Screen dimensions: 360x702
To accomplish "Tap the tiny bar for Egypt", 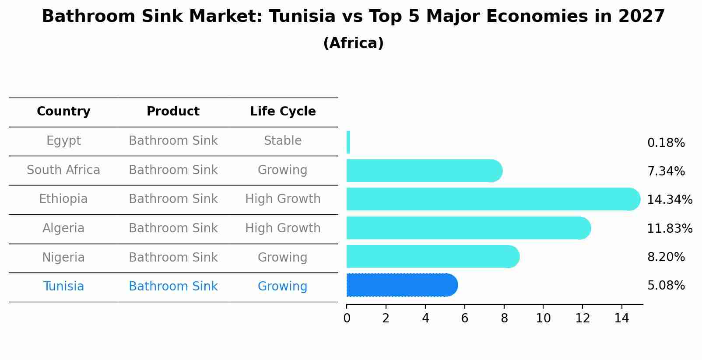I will pos(348,142).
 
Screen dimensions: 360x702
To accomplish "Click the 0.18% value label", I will pos(666,143).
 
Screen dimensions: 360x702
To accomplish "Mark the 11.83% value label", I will pos(670,228).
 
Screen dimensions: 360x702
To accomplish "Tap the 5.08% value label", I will pos(666,286).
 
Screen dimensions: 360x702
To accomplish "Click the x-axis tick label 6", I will pos(465,318).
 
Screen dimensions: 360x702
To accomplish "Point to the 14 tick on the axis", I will pos(621,318).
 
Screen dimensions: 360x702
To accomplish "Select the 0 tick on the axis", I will pos(347,318).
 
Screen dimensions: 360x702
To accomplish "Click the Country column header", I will pos(63,112).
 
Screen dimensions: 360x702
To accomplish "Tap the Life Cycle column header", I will pos(283,112).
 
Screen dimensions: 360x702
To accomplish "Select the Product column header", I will pos(173,112).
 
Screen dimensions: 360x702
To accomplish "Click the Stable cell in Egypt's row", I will pos(283,141).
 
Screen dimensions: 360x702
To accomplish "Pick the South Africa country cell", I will pos(63,170).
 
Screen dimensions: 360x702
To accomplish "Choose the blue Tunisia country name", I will pos(63,287).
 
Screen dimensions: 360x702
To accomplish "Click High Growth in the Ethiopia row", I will pos(283,199).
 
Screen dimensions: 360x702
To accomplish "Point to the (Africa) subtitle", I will pos(353,43).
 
